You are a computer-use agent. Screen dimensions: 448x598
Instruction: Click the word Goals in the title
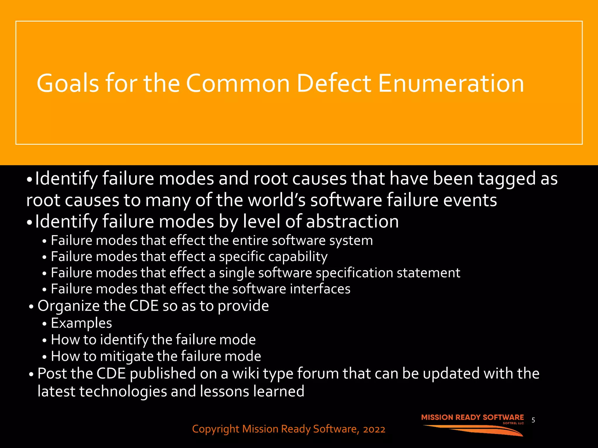tap(68, 83)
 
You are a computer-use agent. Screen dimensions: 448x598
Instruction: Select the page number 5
tap(533, 420)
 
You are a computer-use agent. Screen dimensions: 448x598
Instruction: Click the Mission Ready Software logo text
tap(472, 417)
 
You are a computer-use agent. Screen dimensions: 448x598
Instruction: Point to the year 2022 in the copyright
tap(374, 429)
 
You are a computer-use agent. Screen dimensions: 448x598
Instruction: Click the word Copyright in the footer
tap(216, 429)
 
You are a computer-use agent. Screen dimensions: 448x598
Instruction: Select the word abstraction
tap(352, 221)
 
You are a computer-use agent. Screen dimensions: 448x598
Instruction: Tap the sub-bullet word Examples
tap(81, 323)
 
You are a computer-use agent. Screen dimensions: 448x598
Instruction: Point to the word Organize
tap(69, 306)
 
